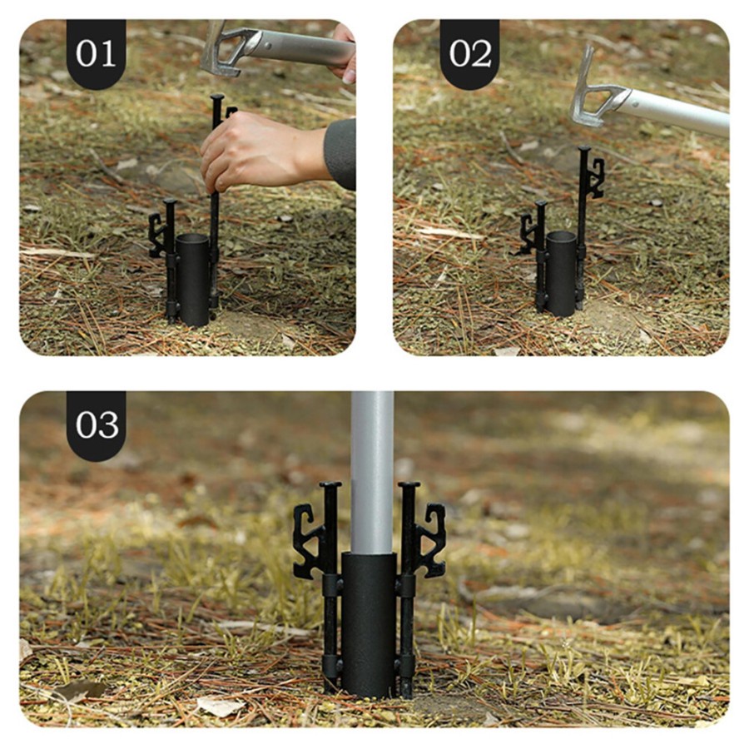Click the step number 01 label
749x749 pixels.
(96, 53)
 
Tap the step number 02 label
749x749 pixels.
(470, 53)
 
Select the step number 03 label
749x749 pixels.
(97, 424)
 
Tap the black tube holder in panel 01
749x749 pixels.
(193, 280)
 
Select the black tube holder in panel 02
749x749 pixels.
(562, 273)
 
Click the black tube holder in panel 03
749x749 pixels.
(369, 624)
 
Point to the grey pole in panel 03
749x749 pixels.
(372, 473)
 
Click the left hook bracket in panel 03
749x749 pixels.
(309, 541)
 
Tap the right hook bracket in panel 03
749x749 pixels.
(430, 540)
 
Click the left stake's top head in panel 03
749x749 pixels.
(330, 485)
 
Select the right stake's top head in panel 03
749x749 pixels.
(409, 485)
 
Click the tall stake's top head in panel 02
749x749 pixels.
(583, 149)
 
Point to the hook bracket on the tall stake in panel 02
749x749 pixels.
(596, 178)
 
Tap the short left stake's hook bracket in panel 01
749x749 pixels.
(156, 235)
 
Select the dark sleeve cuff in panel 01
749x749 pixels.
(341, 154)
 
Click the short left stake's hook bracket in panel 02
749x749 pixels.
(528, 234)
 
